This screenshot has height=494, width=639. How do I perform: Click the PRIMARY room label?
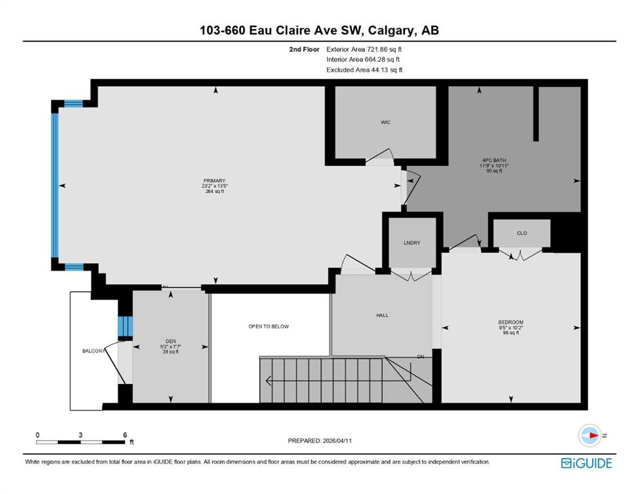click(x=214, y=181)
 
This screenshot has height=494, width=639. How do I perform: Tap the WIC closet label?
click(x=385, y=122)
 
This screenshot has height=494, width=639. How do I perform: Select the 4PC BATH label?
click(x=494, y=160)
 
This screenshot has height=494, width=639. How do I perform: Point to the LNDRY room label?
click(x=412, y=242)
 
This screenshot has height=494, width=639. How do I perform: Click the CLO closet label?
click(x=522, y=233)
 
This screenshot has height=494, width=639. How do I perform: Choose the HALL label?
click(x=382, y=315)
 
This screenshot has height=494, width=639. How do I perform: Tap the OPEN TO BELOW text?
click(x=268, y=326)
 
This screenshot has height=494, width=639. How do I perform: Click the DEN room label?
click(x=171, y=342)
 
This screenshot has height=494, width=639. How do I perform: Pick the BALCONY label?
click(x=94, y=351)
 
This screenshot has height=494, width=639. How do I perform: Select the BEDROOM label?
click(x=511, y=322)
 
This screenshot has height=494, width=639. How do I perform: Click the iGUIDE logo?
click(x=586, y=463)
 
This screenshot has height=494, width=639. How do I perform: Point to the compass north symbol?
click(x=590, y=435)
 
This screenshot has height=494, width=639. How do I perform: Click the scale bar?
click(x=80, y=442)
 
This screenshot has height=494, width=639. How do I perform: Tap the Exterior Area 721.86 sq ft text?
click(x=364, y=50)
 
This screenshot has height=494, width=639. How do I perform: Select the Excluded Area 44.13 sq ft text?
click(x=364, y=70)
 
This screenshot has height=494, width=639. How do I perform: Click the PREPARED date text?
click(x=319, y=441)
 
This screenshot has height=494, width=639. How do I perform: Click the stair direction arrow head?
click(x=268, y=381)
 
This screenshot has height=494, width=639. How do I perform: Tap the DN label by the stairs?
click(x=421, y=357)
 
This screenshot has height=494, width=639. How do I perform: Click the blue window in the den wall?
click(x=125, y=326)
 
